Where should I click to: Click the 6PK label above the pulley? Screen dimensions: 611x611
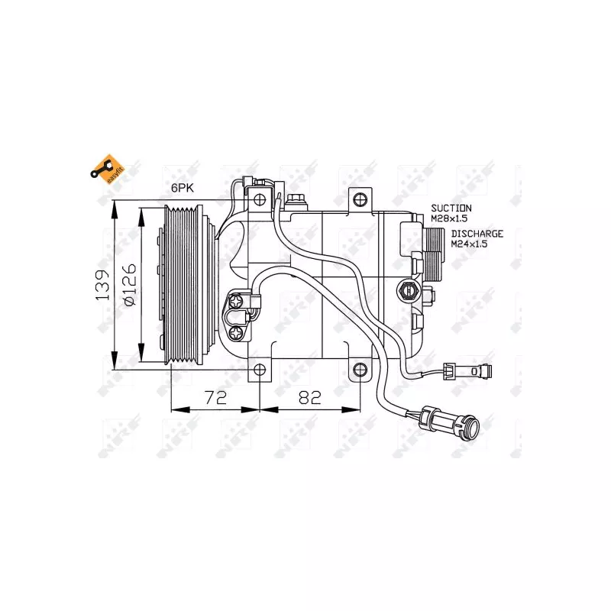click(x=183, y=187)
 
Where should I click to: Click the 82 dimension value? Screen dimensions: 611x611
click(x=310, y=397)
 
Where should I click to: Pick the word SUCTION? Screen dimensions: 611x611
click(x=451, y=208)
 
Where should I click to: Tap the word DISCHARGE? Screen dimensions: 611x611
click(x=477, y=234)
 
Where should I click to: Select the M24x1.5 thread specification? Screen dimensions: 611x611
click(x=469, y=244)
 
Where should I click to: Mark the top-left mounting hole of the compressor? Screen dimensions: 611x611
click(x=260, y=200)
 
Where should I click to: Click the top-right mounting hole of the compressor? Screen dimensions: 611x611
click(x=360, y=200)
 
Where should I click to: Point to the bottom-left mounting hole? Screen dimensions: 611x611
click(x=260, y=370)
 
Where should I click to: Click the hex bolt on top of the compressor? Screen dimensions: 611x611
click(x=297, y=199)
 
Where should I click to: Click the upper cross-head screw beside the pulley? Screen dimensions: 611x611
click(x=238, y=303)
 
